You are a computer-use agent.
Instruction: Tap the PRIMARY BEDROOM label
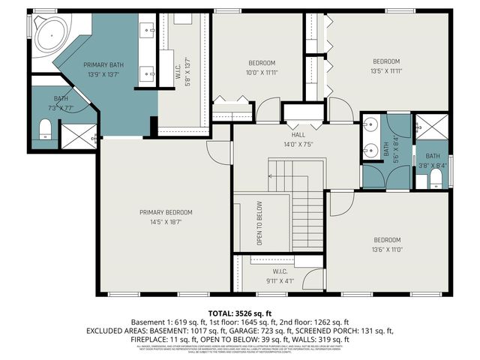pyautogui.click(x=166, y=212)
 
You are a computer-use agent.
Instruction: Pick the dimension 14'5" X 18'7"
pyautogui.click(x=166, y=222)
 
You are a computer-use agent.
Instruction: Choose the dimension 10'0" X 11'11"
pyautogui.click(x=262, y=73)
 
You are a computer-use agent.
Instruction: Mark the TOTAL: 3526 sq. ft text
pyautogui.click(x=239, y=312)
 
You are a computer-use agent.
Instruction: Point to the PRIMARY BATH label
pyautogui.click(x=103, y=64)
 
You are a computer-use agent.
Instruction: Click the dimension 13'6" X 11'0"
pyautogui.click(x=388, y=250)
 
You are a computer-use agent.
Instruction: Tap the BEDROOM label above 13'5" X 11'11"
pyautogui.click(x=386, y=61)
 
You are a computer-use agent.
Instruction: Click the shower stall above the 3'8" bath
pyautogui.click(x=430, y=124)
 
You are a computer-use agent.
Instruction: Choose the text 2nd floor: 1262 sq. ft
pyautogui.click(x=313, y=321)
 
